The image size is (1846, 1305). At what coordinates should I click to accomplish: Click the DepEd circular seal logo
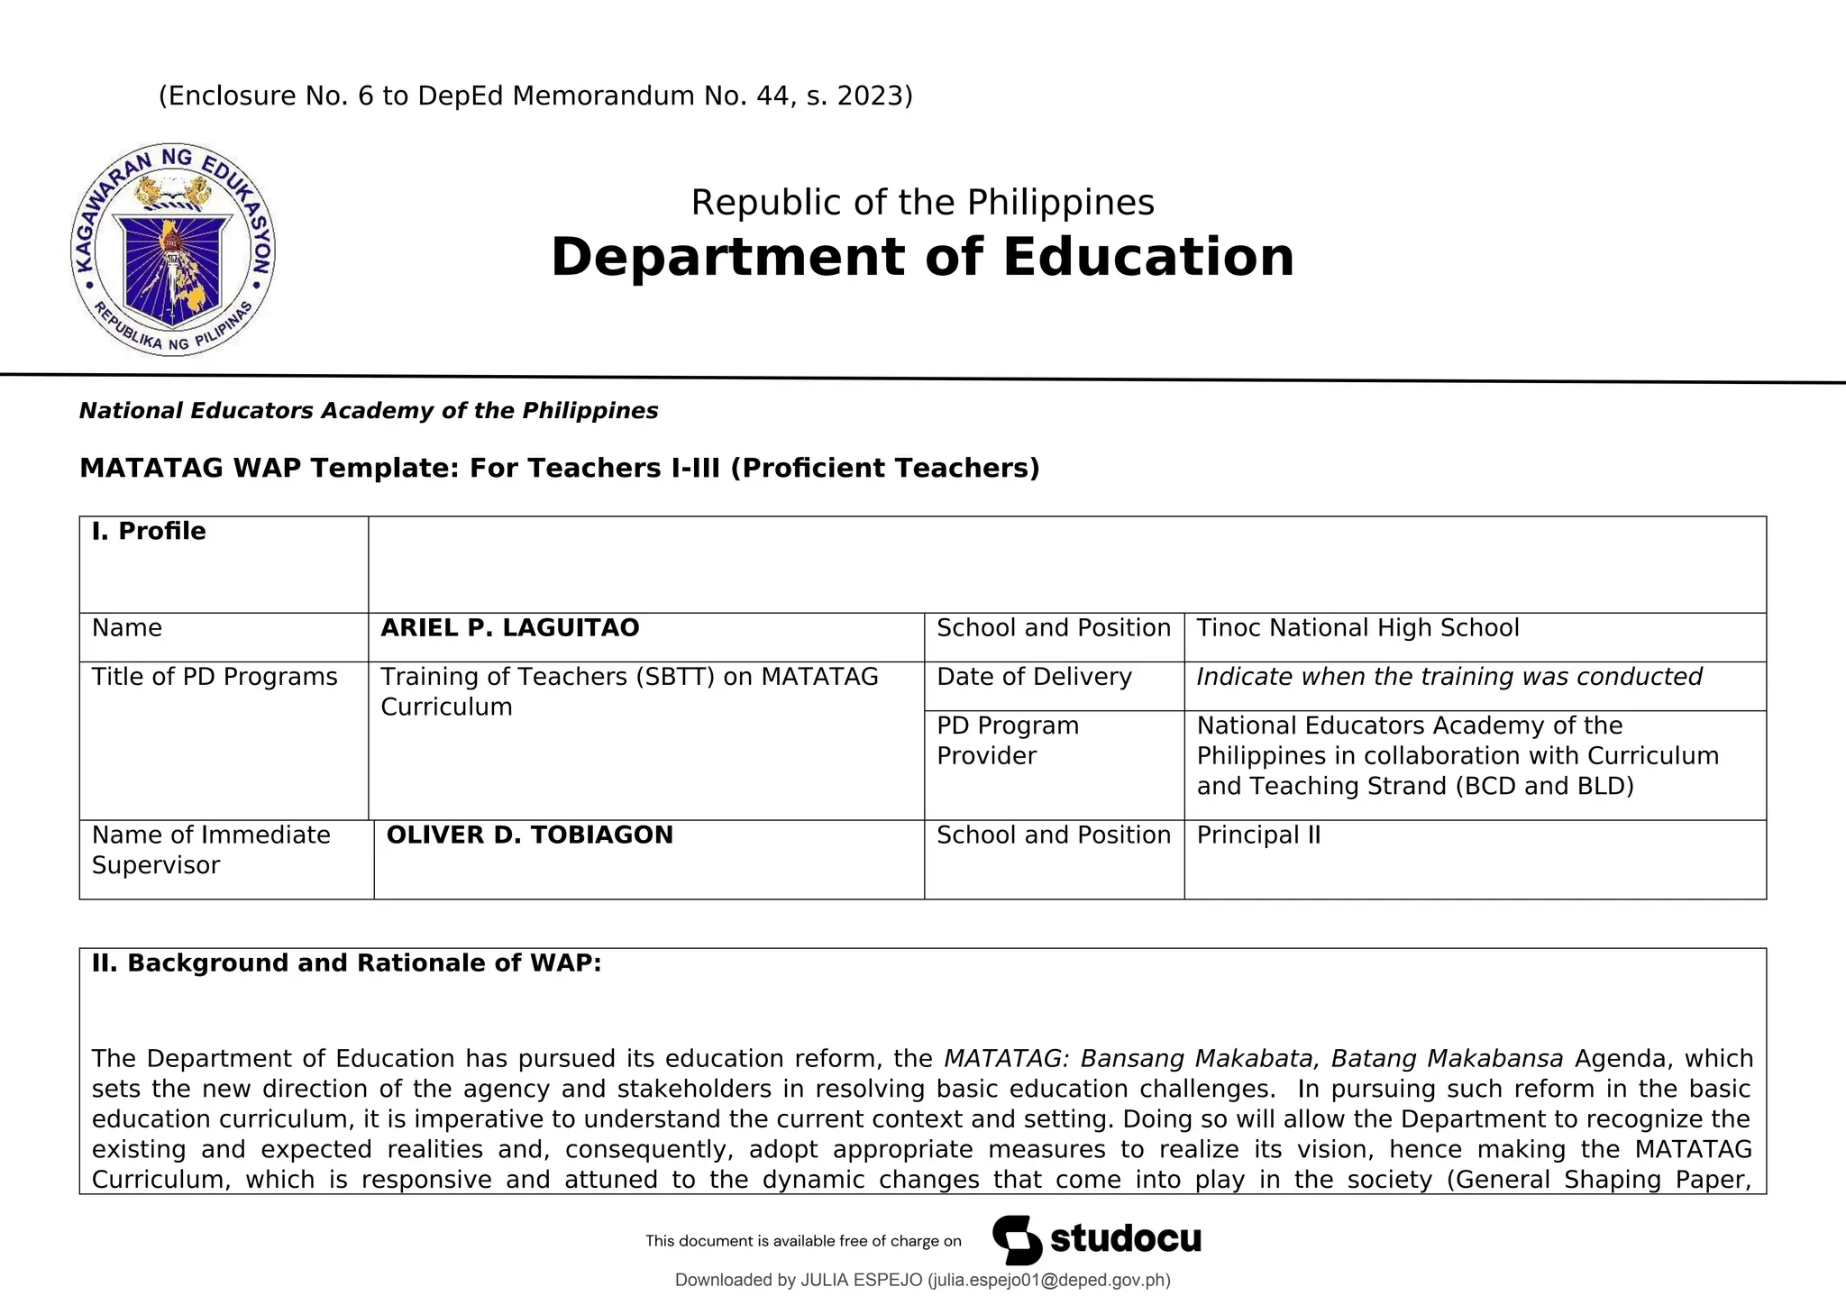[x=173, y=250]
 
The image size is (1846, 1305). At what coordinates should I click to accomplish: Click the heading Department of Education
[x=922, y=257]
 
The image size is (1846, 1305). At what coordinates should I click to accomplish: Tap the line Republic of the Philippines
[x=922, y=203]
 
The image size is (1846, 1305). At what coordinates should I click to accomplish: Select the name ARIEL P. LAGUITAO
[x=510, y=628]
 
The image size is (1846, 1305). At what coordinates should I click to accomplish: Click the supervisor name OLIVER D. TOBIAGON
[x=530, y=835]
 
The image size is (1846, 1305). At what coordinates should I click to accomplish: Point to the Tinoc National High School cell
[x=1357, y=628]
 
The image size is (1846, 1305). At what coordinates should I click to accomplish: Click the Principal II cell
[x=1258, y=835]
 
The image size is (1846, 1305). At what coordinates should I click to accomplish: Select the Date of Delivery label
[x=1034, y=677]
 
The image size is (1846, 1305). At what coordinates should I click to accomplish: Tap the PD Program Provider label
[x=1008, y=740]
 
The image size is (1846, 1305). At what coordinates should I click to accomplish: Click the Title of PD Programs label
[x=215, y=677]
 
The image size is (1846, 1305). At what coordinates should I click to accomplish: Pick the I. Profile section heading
[x=149, y=532]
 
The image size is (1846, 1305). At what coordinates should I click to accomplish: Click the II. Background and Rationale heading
[x=346, y=963]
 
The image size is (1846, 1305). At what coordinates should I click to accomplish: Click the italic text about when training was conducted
[x=1449, y=677]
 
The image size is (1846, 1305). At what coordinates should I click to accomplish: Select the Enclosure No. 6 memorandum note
[x=535, y=96]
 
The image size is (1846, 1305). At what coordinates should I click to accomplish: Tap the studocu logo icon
[x=1017, y=1240]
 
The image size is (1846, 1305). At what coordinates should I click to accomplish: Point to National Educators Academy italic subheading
[x=369, y=411]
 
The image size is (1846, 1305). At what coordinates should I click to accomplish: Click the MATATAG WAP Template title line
[x=559, y=469]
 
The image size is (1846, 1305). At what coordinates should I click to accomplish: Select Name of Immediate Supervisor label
[x=211, y=850]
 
